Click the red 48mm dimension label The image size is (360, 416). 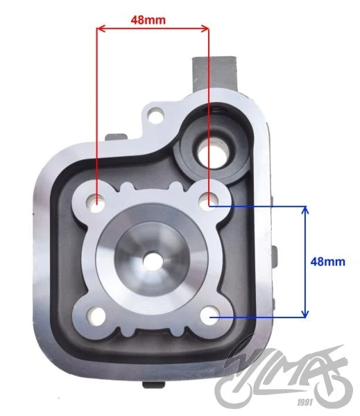pos(148,20)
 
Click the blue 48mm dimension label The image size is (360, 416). pos(328,261)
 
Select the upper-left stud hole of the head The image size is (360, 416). pos(95,203)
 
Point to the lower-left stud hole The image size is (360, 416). pos(96,316)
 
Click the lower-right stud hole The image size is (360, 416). pos(209,315)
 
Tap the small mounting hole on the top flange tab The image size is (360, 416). pos(155,115)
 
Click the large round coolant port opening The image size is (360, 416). pos(213,153)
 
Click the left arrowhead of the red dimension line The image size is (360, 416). pos(101,28)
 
